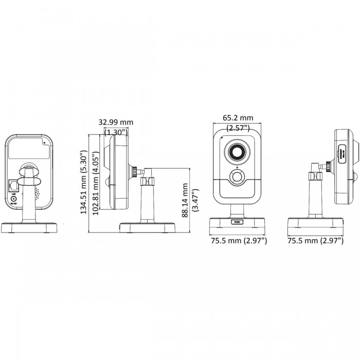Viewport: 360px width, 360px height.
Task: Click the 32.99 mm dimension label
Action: click(x=116, y=122)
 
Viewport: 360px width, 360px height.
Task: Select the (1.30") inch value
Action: click(x=116, y=132)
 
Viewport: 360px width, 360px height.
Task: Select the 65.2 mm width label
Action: click(x=238, y=118)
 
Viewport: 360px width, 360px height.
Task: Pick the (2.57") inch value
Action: click(x=238, y=127)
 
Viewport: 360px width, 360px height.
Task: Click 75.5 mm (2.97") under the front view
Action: click(x=238, y=240)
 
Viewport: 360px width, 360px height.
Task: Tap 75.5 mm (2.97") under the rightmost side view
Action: click(x=315, y=240)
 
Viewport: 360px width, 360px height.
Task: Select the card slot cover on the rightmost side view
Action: click(x=343, y=153)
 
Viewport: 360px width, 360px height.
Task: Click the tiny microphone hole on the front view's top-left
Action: click(x=222, y=138)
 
